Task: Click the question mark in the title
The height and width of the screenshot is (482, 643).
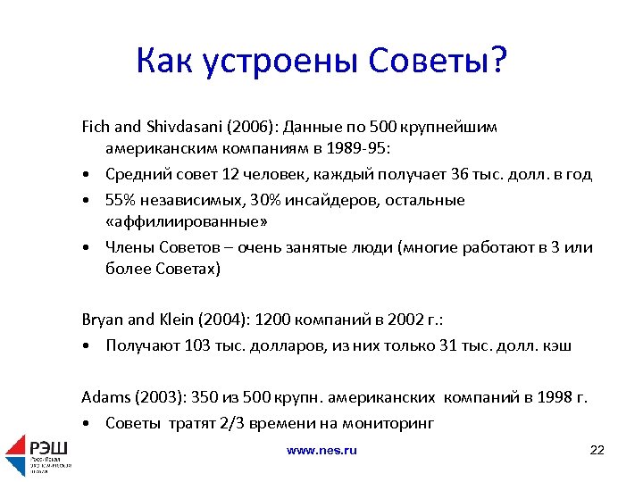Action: (x=497, y=62)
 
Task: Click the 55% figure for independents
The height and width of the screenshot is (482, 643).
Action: (x=122, y=200)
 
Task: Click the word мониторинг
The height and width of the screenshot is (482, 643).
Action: (x=390, y=423)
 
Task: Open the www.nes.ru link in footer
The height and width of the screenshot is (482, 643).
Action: (x=321, y=451)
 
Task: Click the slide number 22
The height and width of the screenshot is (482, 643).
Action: (x=597, y=450)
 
